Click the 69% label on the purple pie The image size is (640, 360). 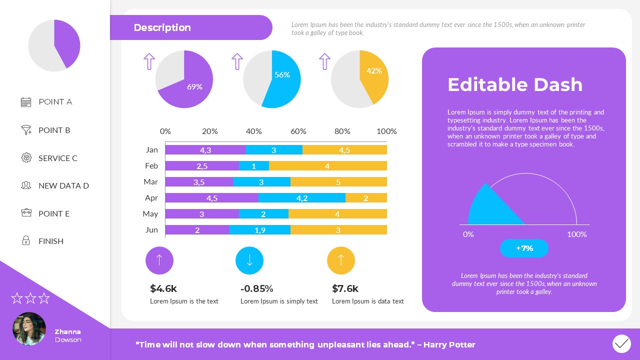(x=194, y=86)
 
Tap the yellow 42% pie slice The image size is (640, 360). (x=372, y=75)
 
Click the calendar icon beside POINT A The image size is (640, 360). (x=26, y=102)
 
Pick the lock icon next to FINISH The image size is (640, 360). (x=26, y=241)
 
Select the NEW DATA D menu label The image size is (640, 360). (x=63, y=185)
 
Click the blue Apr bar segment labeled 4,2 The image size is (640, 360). (x=301, y=198)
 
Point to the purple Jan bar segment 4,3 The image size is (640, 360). (x=205, y=150)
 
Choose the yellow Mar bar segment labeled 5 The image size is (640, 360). (x=338, y=182)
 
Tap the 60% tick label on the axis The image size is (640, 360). (x=298, y=131)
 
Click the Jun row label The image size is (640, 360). (x=151, y=230)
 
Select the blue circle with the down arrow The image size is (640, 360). (x=249, y=260)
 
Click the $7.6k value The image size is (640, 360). (x=345, y=288)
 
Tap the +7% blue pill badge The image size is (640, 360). (x=524, y=248)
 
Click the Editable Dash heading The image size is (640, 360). (x=515, y=84)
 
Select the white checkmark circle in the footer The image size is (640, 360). (x=621, y=344)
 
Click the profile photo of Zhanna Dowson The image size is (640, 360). (x=29, y=329)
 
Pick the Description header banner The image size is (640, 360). (x=190, y=27)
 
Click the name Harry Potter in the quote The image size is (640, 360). (x=449, y=344)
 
